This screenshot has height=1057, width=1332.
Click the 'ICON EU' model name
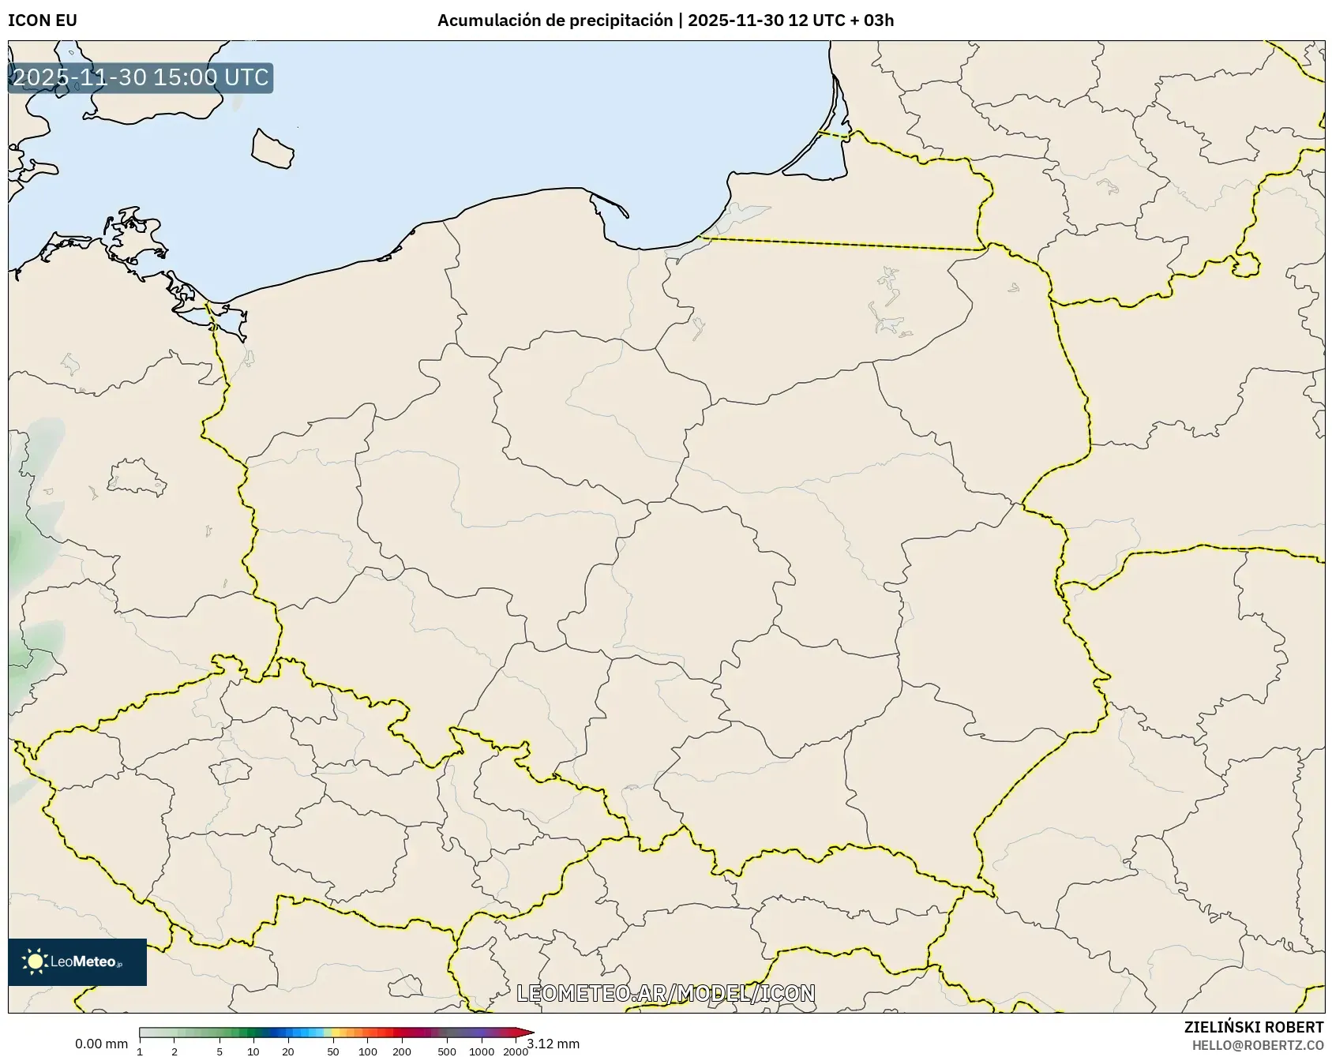(x=43, y=21)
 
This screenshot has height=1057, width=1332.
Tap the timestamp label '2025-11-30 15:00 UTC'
(x=141, y=77)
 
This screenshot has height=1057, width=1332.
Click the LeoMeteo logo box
(x=77, y=961)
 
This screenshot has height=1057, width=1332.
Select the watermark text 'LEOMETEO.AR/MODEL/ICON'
(x=666, y=993)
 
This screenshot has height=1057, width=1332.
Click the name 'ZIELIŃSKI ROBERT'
(x=1253, y=1027)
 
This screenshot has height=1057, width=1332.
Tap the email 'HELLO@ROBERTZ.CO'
(x=1257, y=1045)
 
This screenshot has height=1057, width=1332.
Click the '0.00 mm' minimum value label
(x=101, y=1044)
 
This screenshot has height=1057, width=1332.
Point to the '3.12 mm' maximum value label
(x=553, y=1044)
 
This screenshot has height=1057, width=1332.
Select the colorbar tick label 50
(x=333, y=1051)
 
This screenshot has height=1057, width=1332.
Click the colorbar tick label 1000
(x=482, y=1051)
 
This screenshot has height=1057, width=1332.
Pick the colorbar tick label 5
(x=219, y=1051)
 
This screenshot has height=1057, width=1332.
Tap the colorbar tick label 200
(x=402, y=1051)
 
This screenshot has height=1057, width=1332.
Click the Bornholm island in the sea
(x=272, y=148)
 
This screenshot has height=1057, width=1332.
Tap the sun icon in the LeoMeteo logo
(x=35, y=961)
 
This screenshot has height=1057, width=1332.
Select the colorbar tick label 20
(x=288, y=1051)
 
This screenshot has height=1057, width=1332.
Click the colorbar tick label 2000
(x=516, y=1051)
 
